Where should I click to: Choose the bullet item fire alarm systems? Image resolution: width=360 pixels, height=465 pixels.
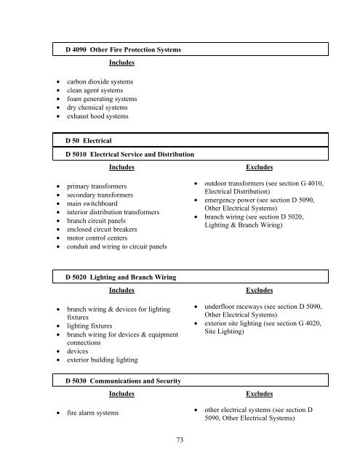click(94, 413)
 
